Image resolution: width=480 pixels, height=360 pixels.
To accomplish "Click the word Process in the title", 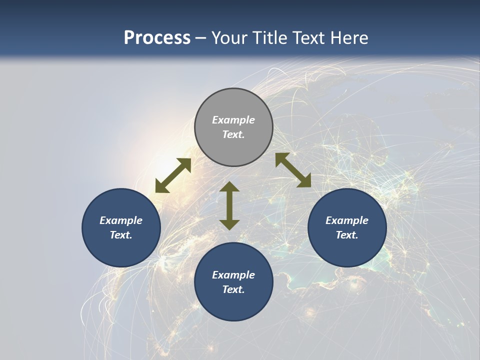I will (157, 38).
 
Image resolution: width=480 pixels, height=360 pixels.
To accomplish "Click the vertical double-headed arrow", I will (229, 205).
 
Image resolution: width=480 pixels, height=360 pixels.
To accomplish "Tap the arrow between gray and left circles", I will (173, 175).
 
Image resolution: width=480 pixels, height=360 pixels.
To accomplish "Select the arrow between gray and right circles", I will (293, 170).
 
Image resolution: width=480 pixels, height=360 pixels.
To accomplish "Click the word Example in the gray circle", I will (233, 120).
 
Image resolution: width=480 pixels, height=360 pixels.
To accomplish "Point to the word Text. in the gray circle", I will (233, 134).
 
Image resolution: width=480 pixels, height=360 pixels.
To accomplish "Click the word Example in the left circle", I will (121, 220).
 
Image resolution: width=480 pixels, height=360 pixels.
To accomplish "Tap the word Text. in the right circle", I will (347, 235).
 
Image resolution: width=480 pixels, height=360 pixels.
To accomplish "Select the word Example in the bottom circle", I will (233, 275).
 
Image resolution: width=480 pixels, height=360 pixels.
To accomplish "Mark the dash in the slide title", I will (201, 38).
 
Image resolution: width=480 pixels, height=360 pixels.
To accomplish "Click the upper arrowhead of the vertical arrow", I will (229, 187).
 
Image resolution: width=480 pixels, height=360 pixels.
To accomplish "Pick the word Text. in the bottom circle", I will (233, 289).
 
